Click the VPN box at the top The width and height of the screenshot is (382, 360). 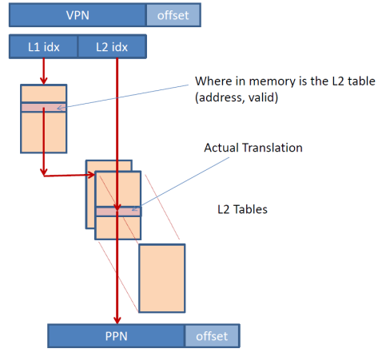tap(78, 15)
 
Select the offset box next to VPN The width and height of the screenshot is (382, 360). tap(173, 15)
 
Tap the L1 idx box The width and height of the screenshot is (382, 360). tap(43, 47)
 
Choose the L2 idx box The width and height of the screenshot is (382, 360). tap(112, 47)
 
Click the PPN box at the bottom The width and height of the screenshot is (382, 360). tap(117, 336)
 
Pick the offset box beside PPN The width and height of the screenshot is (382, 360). tap(212, 336)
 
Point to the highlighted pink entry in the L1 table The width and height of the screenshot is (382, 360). tap(44, 108)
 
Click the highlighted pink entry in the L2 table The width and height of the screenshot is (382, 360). tap(118, 212)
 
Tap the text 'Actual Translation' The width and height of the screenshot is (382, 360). tap(253, 148)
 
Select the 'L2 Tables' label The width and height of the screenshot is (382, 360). tap(242, 209)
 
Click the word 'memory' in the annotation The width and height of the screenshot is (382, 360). tap(272, 81)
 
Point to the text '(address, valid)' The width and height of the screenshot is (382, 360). tap(237, 97)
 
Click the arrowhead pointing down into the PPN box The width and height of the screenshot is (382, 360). tap(117, 320)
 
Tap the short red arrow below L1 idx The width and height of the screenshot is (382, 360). tap(44, 71)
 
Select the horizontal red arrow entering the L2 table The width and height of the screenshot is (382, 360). tap(70, 175)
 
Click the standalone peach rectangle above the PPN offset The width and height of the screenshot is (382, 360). tap(162, 278)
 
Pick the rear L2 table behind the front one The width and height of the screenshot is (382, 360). tap(90, 194)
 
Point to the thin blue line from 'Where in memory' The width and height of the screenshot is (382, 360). tap(123, 97)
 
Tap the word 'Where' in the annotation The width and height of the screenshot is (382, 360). tap(213, 81)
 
